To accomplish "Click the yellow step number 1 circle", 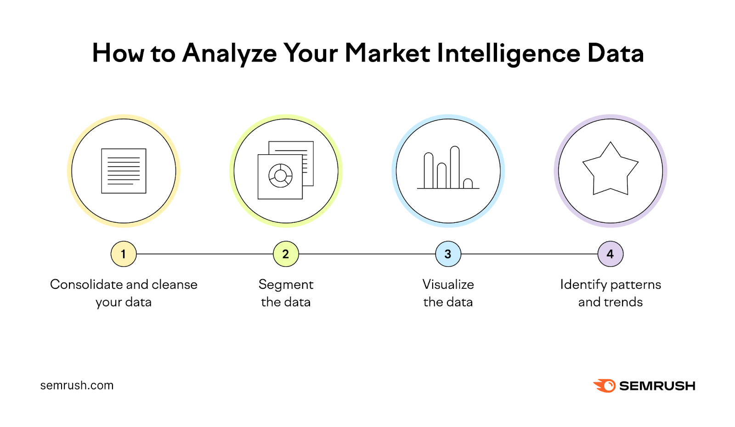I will [124, 254].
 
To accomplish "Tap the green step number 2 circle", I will [286, 254].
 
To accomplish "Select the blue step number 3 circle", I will [448, 254].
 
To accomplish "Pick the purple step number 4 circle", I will [610, 254].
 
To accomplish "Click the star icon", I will [610, 170].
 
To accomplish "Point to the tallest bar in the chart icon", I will [455, 167].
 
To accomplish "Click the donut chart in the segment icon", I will [280, 175].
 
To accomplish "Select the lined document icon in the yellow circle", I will [124, 171].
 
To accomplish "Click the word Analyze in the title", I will [230, 53].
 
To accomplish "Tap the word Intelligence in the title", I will [508, 53].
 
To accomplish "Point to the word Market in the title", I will [387, 53].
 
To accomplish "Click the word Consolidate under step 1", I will [86, 285].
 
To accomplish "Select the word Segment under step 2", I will [286, 285].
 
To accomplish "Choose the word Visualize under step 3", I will [448, 285].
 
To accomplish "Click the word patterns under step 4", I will [636, 285].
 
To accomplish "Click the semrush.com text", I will [77, 385].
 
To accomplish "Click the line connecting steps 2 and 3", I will [367, 254].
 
